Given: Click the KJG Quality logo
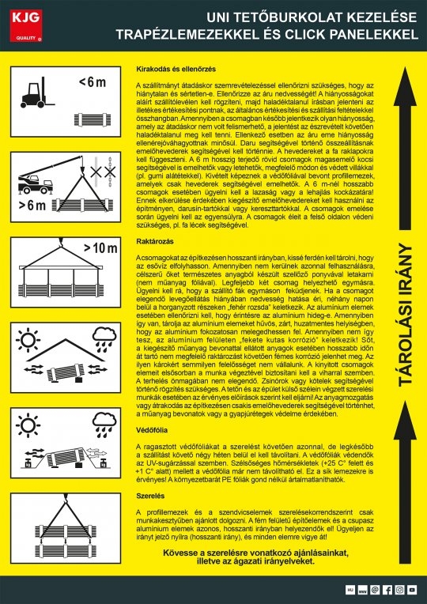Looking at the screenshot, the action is [x=25, y=24].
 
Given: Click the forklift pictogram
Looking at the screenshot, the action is [x=36, y=93].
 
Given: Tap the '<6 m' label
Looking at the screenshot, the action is [x=91, y=82].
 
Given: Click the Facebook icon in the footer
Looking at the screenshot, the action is [x=387, y=590].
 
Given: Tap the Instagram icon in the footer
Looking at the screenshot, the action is [x=399, y=590].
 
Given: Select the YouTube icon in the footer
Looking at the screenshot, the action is [x=412, y=590].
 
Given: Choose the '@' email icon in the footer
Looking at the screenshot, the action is [x=375, y=590].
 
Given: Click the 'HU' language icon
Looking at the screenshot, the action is [x=350, y=590].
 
